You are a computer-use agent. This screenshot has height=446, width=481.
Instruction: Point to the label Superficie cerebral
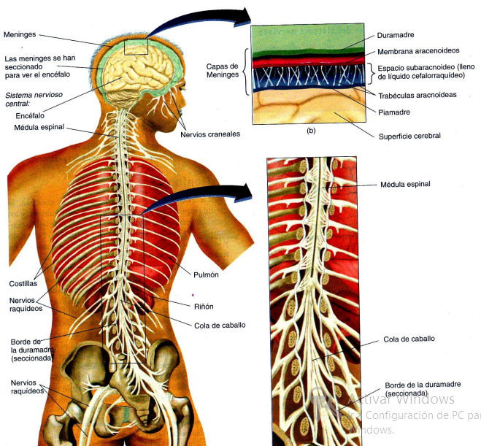pyautogui.click(x=409, y=135)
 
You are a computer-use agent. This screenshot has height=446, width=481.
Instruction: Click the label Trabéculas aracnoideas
pyautogui.click(x=417, y=96)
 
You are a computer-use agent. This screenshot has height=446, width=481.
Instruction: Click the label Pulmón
pyautogui.click(x=207, y=274)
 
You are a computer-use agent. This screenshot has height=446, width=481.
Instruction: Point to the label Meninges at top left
pyautogui.click(x=20, y=34)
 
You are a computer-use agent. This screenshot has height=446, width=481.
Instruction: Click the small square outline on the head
pyautogui.click(x=136, y=46)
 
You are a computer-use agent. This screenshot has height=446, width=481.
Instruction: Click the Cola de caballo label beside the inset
pyautogui.click(x=409, y=339)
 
